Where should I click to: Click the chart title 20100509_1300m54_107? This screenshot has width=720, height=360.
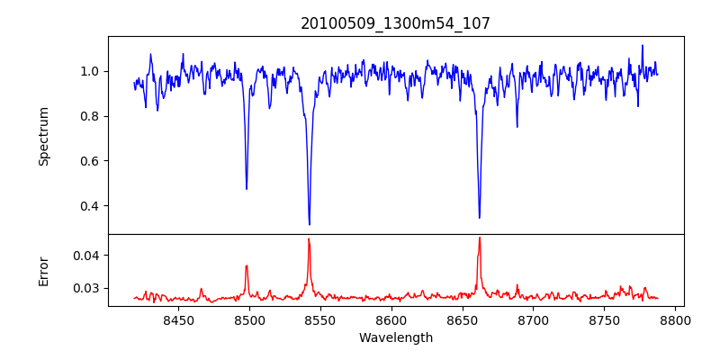click(395, 23)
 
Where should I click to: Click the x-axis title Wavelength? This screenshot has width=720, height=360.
click(395, 337)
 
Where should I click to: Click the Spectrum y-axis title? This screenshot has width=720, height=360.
click(43, 136)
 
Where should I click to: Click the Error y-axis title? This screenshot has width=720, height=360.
click(43, 271)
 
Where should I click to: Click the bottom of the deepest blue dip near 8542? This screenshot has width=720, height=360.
click(309, 224)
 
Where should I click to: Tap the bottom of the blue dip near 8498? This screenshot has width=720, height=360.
click(247, 189)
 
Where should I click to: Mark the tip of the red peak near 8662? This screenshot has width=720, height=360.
click(480, 238)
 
